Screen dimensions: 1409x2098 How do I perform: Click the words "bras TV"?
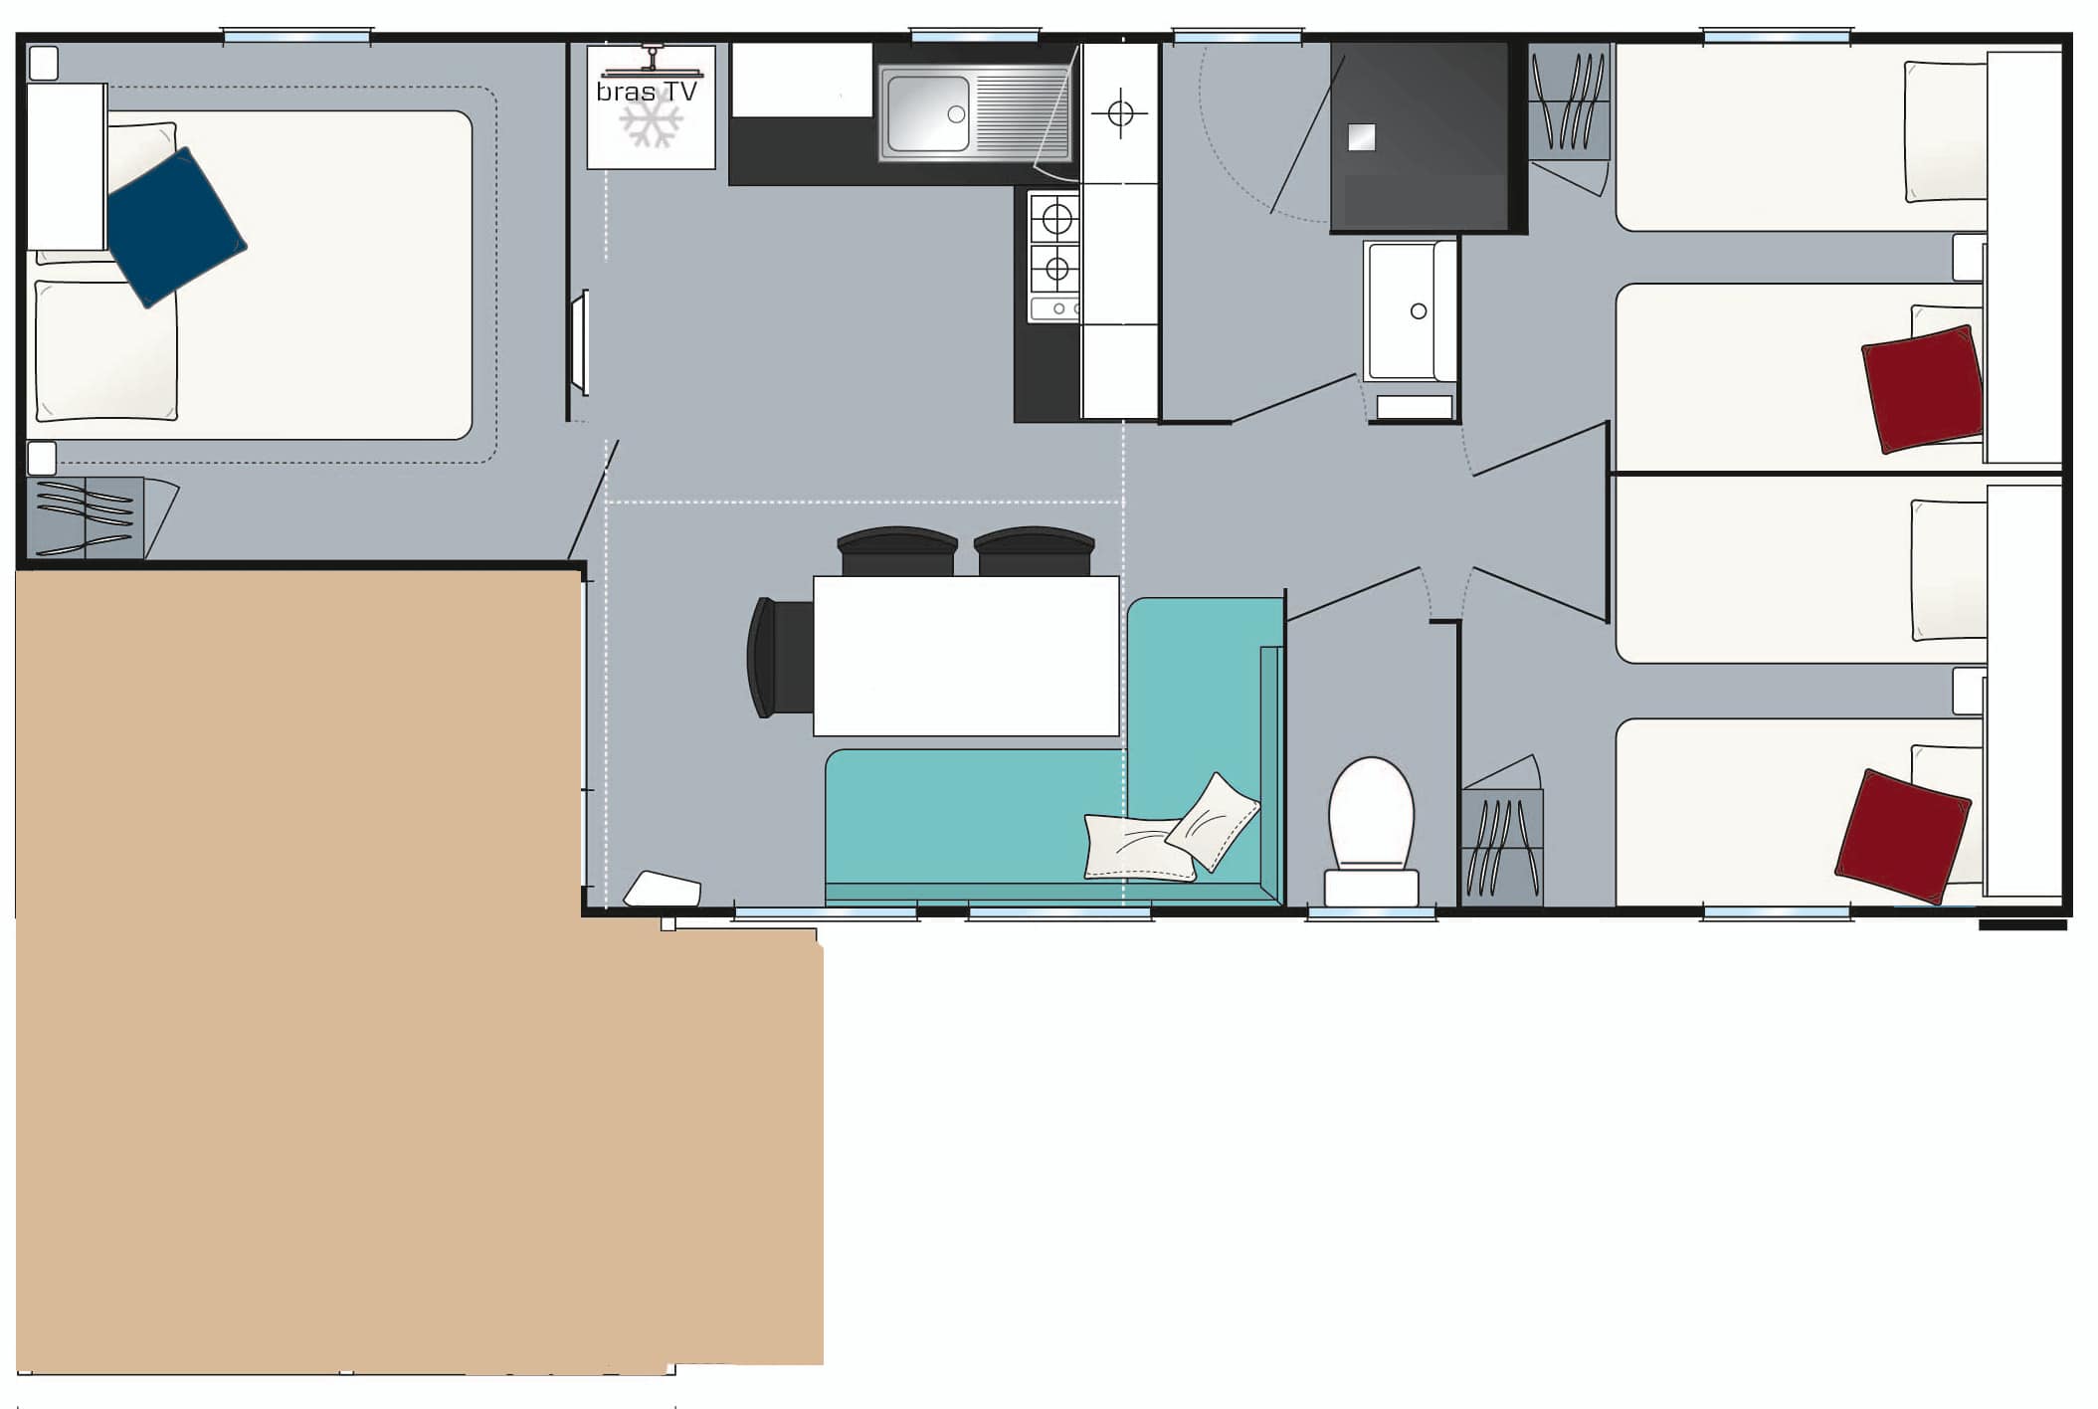click(x=647, y=92)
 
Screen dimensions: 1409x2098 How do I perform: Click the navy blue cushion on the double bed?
click(x=175, y=227)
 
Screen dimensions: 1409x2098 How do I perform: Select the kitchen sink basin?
click(x=926, y=113)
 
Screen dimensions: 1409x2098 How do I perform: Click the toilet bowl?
click(x=1371, y=811)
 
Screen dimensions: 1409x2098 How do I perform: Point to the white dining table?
click(x=965, y=656)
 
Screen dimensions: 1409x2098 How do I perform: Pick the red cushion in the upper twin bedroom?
click(x=1921, y=388)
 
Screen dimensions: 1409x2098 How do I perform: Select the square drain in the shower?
click(x=1361, y=137)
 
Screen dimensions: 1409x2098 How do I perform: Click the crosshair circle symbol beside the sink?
click(x=1120, y=113)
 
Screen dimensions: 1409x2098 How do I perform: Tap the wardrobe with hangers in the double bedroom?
click(x=85, y=517)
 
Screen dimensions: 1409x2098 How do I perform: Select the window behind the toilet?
click(x=1371, y=912)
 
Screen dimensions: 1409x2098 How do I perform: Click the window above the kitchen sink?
click(x=975, y=38)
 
